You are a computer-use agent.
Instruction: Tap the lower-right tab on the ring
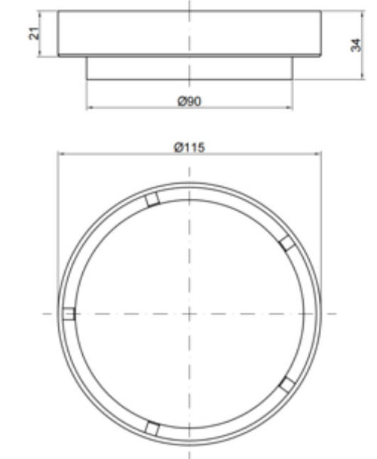(x=287, y=384)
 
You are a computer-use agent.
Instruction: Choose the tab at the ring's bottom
(x=152, y=428)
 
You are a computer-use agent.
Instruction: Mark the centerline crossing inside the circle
(x=188, y=314)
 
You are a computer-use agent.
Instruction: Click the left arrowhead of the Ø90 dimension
(x=90, y=107)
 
